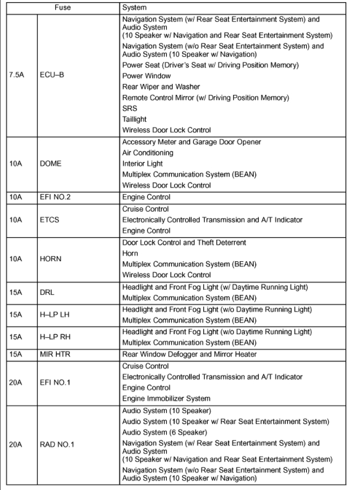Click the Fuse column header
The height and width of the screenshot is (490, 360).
coord(63,8)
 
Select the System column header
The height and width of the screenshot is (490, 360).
coord(134,8)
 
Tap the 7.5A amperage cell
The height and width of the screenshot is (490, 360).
coord(16,75)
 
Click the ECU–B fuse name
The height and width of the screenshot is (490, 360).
coord(52,75)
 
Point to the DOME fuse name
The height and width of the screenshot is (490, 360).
coord(51,164)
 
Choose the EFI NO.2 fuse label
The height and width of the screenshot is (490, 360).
coord(55,198)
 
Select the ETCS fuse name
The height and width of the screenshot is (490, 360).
coord(49,220)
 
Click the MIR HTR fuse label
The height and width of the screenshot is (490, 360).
coord(55,354)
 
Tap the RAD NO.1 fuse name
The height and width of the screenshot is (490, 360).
coord(57,445)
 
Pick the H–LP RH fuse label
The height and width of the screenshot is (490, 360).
coord(55,337)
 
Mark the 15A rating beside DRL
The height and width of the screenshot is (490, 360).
coord(15,292)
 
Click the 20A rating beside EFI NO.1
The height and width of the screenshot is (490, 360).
coord(15,382)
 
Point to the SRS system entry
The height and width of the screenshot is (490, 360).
coord(130,108)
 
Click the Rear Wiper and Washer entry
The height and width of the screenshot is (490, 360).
coord(160,87)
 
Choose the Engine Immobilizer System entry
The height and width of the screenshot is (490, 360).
coord(166,399)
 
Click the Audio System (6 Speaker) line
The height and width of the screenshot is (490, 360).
coord(165,432)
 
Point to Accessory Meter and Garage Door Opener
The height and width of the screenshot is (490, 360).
coord(191,142)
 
